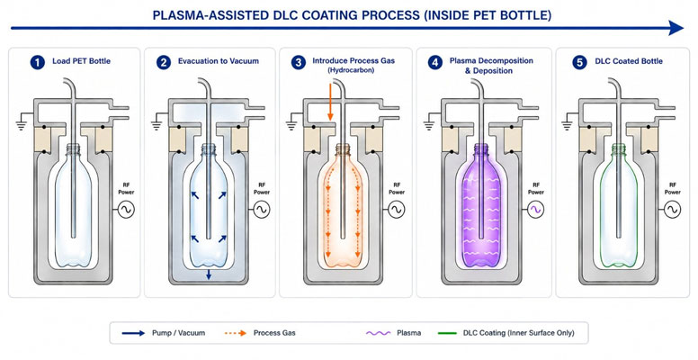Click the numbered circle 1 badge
pos(38,62)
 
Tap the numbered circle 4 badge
pos(435,62)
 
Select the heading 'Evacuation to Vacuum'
pos(218,61)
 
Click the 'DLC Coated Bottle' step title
pos(629,61)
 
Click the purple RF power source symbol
pos(536,209)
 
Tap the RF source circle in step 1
pos(127,209)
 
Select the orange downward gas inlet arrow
pos(330,102)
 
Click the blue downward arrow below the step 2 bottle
pos(209,274)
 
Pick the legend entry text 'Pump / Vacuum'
pos(178,333)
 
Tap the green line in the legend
pos(447,333)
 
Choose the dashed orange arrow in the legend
pos(235,333)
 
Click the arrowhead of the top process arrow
pos(676,28)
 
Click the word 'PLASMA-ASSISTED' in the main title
pos(205,15)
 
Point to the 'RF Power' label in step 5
pos(672,188)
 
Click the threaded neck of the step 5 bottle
pos(618,149)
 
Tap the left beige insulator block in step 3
pos(312,139)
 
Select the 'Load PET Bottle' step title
pos(82,61)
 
